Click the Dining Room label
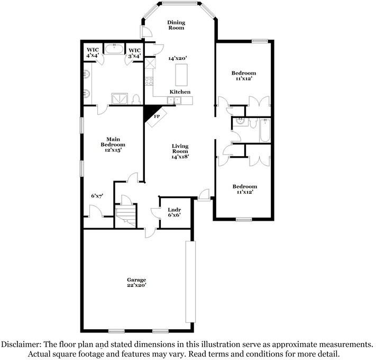[x=176, y=25]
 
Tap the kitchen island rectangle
[x=181, y=75]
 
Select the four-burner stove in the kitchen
[x=149, y=82]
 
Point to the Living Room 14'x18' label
[x=180, y=151]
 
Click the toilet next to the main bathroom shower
[x=135, y=99]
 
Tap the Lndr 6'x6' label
[x=174, y=212]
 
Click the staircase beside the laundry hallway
[x=126, y=214]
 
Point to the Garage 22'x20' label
[x=136, y=282]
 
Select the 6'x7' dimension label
[x=97, y=195]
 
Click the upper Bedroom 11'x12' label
[x=244, y=75]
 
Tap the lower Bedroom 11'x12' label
[x=245, y=189]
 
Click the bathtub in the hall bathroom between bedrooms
[x=265, y=131]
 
